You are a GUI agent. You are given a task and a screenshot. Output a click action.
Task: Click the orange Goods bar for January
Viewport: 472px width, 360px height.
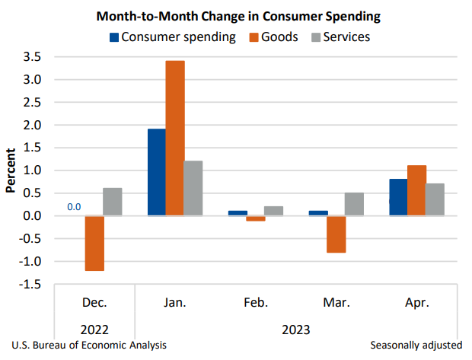coord(175,138)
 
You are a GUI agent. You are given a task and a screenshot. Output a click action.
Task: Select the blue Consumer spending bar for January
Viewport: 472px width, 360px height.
coord(157,172)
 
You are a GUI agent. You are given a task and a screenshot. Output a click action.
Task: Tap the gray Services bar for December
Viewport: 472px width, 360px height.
coord(113,202)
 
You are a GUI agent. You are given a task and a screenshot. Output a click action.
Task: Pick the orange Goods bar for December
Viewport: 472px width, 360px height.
coord(94,243)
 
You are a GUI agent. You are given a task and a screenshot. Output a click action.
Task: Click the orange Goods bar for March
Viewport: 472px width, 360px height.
coord(336,234)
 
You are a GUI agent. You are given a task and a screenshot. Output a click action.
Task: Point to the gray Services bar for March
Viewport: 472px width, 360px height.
coord(355,204)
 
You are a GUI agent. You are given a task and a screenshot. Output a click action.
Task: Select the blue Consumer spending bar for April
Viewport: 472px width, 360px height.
coord(398,197)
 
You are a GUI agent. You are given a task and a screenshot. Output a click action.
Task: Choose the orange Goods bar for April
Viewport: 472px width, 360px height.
coord(416,190)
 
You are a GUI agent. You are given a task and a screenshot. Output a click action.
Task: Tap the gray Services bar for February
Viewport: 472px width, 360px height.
coord(274,211)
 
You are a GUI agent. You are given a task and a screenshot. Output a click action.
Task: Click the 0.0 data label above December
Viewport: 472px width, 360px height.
coord(74,206)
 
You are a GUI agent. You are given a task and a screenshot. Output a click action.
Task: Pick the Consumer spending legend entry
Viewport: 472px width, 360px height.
coord(172,37)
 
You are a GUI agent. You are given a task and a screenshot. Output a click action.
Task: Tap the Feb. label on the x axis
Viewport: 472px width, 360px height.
coord(256,303)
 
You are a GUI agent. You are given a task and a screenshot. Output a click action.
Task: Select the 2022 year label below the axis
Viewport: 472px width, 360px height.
coord(94,330)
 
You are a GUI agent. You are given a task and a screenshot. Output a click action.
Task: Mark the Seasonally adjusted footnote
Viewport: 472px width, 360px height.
coord(416,346)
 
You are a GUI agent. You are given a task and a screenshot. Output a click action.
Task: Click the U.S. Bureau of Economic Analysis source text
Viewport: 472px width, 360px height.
coord(90,346)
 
